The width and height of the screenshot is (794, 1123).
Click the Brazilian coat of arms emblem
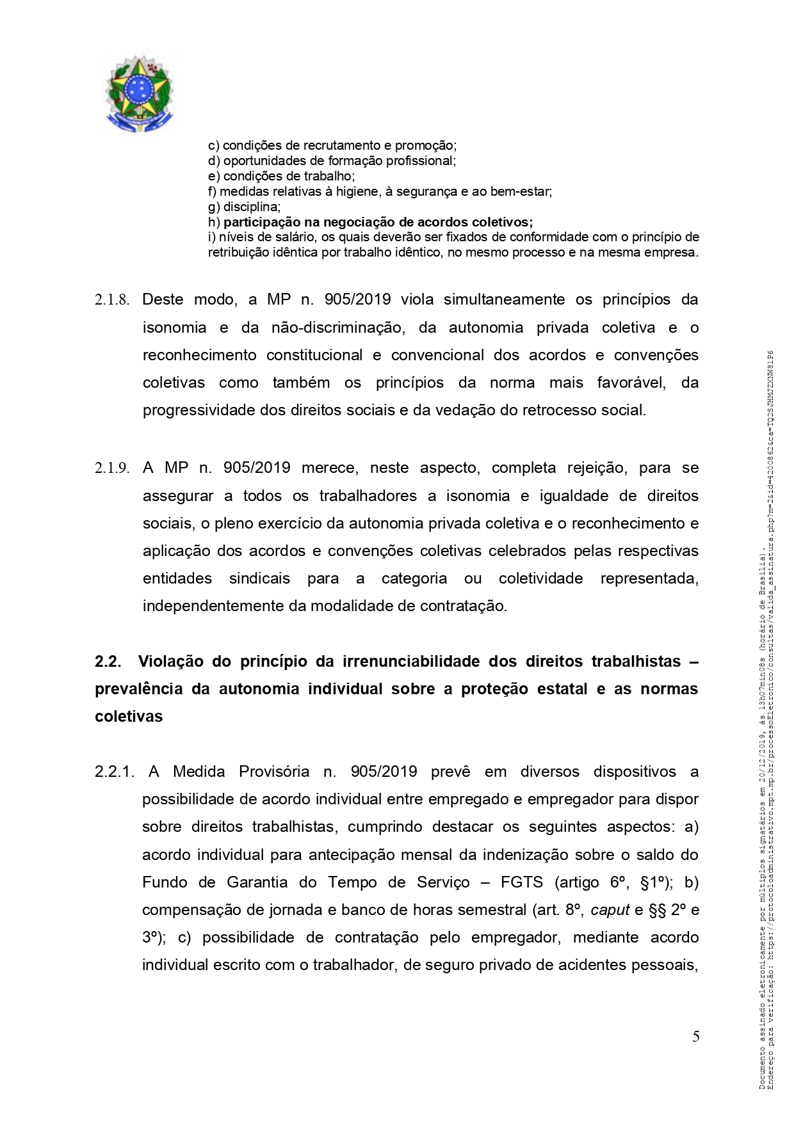click(x=139, y=95)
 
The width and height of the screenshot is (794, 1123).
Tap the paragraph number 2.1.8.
click(x=112, y=300)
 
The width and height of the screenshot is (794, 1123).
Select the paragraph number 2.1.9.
click(x=112, y=468)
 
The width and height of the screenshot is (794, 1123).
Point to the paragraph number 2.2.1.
click(x=114, y=772)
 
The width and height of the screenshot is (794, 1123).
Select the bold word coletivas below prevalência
click(x=129, y=717)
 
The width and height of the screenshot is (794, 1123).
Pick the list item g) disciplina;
click(x=244, y=207)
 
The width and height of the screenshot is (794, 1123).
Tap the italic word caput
click(x=610, y=910)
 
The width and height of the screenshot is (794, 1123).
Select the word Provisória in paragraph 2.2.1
click(x=274, y=772)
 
